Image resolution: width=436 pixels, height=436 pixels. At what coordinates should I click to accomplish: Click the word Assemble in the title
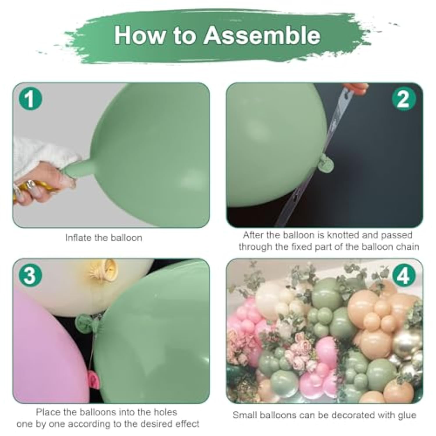pos(262,35)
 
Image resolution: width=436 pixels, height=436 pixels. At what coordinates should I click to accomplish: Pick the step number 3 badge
pos(31,275)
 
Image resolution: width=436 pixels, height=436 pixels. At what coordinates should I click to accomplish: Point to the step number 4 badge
pos(403,275)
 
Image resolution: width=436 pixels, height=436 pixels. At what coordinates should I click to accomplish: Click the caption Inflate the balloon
pos(103,238)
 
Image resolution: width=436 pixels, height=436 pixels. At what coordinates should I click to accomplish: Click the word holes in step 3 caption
pos(164,412)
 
